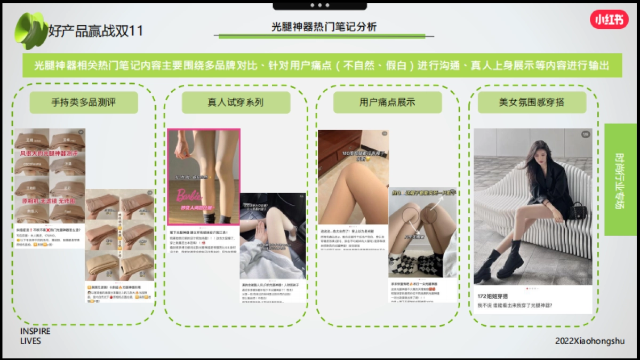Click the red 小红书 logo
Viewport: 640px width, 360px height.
(x=609, y=20)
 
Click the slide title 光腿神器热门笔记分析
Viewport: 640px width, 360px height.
(x=324, y=27)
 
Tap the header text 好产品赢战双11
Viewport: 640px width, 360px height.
(x=96, y=31)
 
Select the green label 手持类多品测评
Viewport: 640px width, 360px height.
(x=84, y=102)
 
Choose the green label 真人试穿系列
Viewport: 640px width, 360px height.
(x=236, y=102)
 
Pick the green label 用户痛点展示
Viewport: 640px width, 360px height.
(x=387, y=102)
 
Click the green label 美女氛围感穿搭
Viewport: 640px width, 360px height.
(x=532, y=102)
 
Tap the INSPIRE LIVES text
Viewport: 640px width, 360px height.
(x=35, y=336)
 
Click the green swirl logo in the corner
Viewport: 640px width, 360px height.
(x=30, y=30)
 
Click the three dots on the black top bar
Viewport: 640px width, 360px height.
(x=319, y=5)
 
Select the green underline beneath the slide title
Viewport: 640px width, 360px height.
(x=322, y=36)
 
